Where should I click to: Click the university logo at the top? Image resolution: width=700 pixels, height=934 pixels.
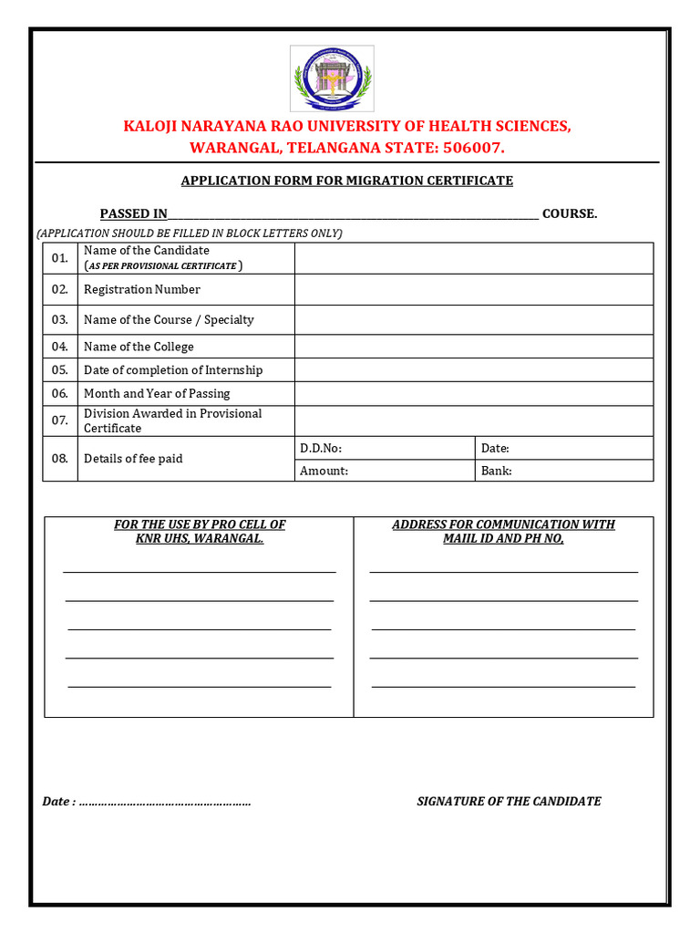tap(332, 78)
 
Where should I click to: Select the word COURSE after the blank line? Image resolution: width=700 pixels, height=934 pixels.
tap(569, 213)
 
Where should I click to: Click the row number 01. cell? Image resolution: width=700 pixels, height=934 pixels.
tap(60, 258)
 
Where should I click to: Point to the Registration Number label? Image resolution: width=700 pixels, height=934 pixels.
tap(142, 289)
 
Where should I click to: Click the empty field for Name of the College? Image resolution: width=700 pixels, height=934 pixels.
tap(473, 347)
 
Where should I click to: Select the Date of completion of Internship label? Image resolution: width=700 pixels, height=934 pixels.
tap(173, 369)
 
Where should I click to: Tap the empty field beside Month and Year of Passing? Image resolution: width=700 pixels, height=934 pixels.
tap(473, 393)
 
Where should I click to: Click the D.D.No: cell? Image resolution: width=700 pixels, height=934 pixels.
tap(384, 448)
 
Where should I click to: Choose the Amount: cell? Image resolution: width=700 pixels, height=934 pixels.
tap(384, 471)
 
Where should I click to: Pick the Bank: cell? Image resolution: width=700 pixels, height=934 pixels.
tap(563, 471)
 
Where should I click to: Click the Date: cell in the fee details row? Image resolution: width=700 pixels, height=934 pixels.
tap(563, 448)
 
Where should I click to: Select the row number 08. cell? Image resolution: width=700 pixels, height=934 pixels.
tap(60, 459)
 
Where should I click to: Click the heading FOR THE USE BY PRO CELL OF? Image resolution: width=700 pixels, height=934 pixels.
tap(200, 524)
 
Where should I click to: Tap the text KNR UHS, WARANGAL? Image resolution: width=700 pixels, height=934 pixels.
tap(200, 539)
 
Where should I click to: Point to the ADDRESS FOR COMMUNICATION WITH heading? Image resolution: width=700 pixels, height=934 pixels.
tap(503, 524)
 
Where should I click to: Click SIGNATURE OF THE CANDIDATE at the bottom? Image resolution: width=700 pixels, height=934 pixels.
tap(509, 801)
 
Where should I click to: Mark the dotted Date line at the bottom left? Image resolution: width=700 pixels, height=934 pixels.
tap(164, 803)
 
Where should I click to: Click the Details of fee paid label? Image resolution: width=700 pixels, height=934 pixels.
tap(133, 459)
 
